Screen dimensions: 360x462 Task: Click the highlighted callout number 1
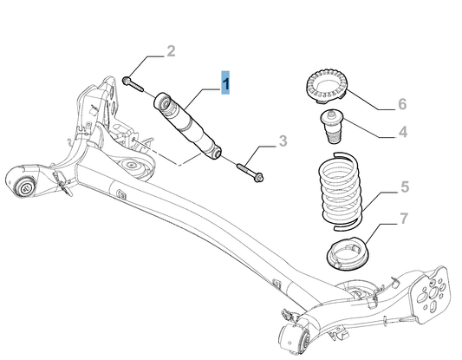point(226,83)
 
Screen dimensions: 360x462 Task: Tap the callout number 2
point(171,51)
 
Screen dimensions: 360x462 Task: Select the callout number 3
point(283,141)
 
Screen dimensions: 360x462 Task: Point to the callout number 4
point(402,133)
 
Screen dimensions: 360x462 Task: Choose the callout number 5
point(402,186)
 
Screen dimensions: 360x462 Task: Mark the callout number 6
point(401,104)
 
